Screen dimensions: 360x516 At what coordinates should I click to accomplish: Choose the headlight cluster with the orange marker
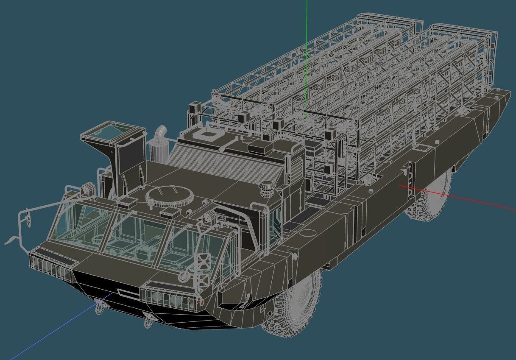(170, 297)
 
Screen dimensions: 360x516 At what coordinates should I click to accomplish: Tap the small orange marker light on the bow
(202, 303)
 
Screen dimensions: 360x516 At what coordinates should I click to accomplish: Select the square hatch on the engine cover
(207, 135)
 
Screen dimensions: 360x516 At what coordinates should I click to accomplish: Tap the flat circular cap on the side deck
(308, 232)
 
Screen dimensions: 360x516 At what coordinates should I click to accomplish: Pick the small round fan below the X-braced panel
(183, 276)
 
